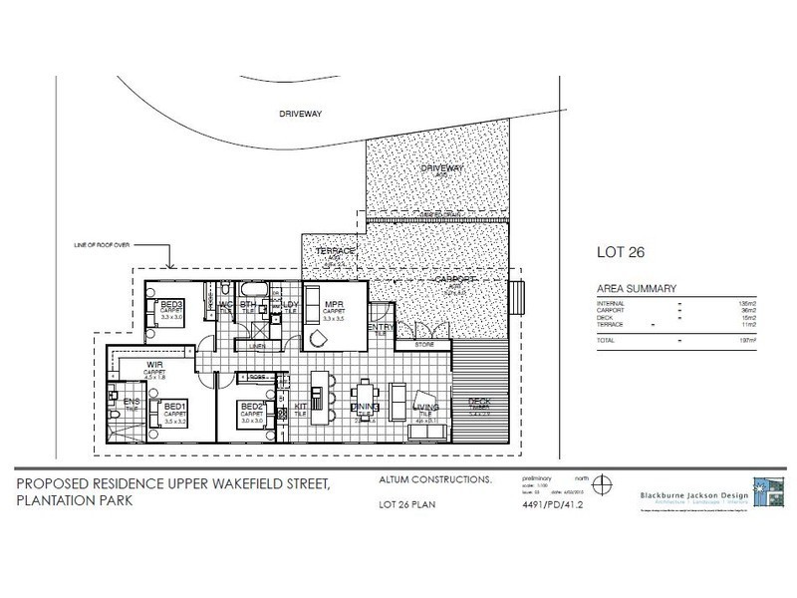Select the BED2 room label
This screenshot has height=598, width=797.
click(251, 406)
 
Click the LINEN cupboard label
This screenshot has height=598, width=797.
click(257, 346)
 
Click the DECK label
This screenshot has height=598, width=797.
click(480, 402)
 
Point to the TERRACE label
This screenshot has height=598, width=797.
click(329, 251)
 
